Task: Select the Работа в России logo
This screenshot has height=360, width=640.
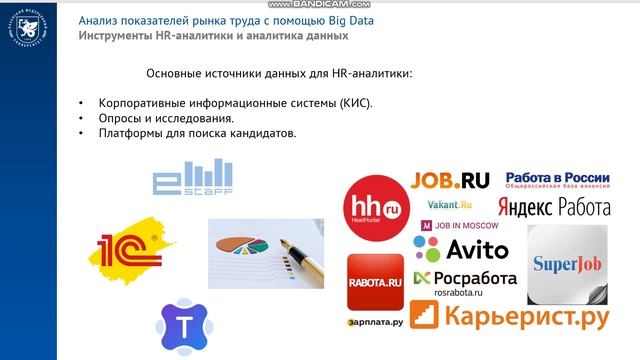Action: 557,181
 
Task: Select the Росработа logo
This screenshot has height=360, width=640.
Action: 465,277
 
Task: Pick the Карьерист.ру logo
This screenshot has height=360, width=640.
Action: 510,317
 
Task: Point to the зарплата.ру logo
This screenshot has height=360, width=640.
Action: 376,323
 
